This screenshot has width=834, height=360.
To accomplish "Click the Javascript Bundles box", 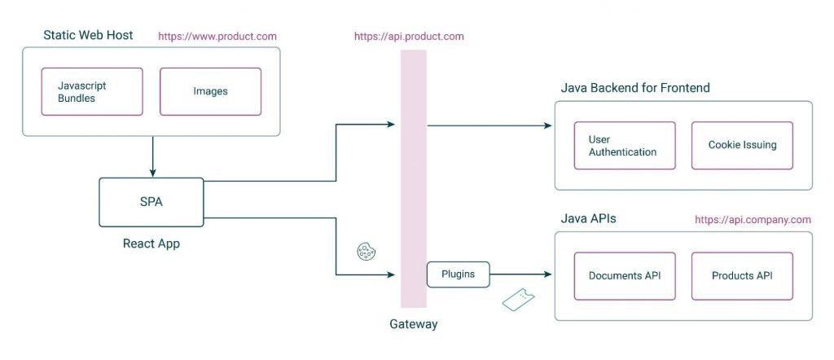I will pos(92,91).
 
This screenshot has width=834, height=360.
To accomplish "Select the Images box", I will pos(210,91).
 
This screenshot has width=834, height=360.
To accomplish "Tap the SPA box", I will pos(151,202).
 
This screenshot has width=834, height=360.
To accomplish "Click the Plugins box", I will pos(459,274).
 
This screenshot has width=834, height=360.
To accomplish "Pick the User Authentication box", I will pos(624,146).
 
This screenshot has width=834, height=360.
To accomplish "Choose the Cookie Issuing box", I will pos(742,146).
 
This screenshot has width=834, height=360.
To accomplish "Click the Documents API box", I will pos(624,275).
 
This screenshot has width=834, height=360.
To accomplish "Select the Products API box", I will pos(742,275).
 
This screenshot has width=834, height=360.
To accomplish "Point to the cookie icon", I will pos(366,252).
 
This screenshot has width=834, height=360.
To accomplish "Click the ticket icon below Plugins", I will pos(518,300).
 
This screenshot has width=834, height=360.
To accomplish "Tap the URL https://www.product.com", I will pos(217,36).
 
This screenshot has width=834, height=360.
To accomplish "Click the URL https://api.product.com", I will pos(409,37).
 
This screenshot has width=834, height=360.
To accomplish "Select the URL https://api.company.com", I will pos(753,220).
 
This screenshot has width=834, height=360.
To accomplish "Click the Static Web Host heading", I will pos(88,35).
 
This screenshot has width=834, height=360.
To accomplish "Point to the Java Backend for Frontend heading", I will pos(635,88).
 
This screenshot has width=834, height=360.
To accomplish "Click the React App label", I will pos(151,244).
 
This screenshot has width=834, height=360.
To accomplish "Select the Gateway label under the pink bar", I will pos(413,324).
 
